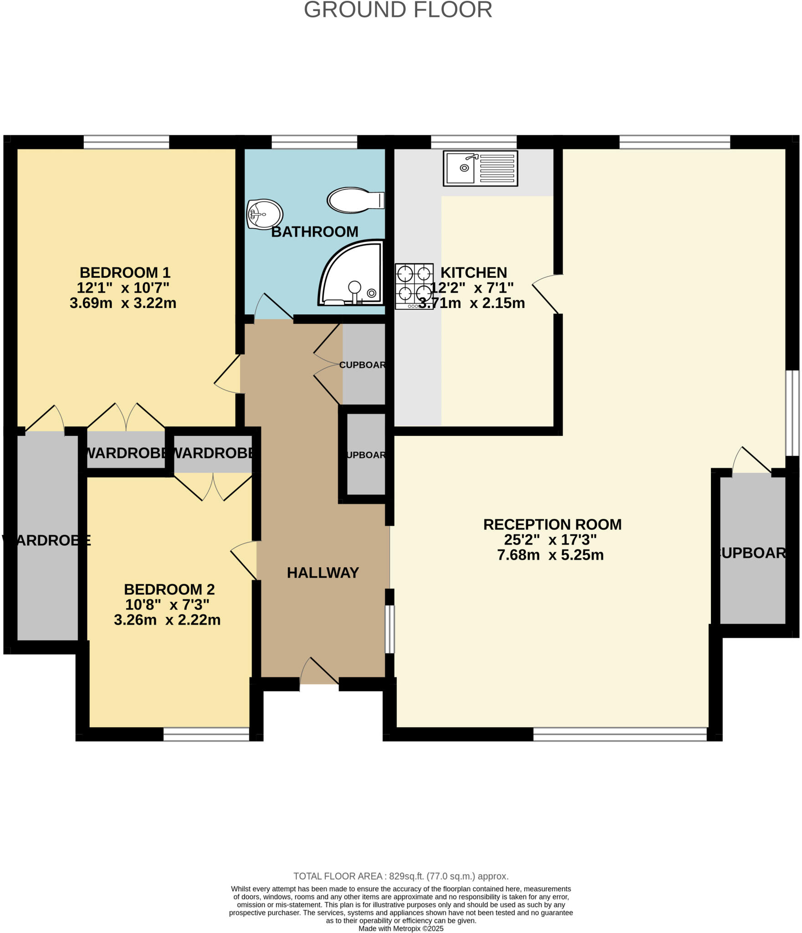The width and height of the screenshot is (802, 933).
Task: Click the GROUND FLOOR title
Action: point(398,10)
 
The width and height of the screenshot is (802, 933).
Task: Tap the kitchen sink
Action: point(480,168)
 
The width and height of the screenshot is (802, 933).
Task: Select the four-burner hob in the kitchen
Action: point(414,286)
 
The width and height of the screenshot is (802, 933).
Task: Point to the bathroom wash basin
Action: point(264,214)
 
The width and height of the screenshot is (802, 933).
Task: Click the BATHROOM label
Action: point(314,232)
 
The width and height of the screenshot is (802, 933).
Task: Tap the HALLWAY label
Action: point(322,573)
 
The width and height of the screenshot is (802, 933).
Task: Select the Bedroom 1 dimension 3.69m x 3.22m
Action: point(123,303)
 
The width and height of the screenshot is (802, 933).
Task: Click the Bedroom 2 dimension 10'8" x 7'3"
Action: point(167,605)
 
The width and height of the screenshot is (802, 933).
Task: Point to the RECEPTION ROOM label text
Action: point(552,524)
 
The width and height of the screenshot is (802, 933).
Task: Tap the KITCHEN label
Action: point(473,272)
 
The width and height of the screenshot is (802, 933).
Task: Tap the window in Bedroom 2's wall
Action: point(206,734)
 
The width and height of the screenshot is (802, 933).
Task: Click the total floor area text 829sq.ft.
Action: point(400,876)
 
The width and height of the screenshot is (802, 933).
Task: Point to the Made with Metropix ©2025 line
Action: point(400,928)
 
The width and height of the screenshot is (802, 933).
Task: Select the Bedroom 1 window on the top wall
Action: point(126,142)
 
